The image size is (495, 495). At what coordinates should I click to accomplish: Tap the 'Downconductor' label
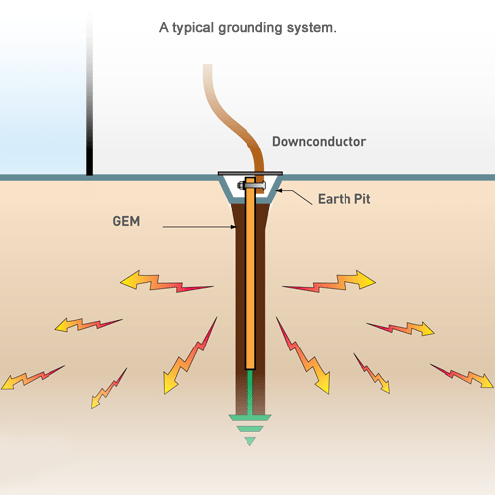tap(319, 142)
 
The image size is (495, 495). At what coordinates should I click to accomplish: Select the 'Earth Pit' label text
tap(345, 198)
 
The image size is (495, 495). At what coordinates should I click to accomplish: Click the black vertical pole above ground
tap(90, 99)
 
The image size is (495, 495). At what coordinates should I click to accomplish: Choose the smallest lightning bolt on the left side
tap(109, 387)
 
